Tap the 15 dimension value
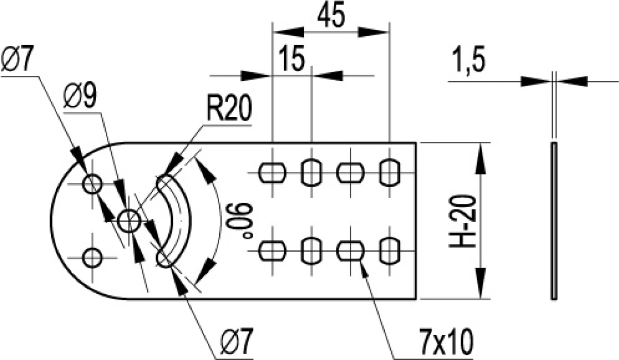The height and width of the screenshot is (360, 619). tap(292, 59)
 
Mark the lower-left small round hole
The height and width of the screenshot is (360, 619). tap(92, 257)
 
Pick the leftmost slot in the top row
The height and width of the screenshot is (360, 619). tap(272, 173)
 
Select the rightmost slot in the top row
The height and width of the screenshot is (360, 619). tap(389, 173)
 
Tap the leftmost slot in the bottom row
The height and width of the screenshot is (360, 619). tap(272, 251)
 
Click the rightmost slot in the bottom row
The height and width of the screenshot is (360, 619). tap(389, 251)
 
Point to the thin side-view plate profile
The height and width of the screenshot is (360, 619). tap(554, 221)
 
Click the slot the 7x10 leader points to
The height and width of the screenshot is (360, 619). tap(350, 251)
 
